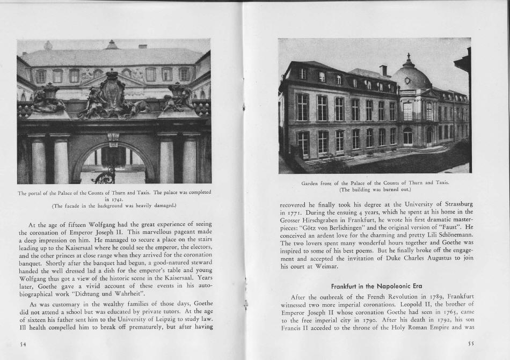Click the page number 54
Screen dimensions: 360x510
pyautogui.click(x=22, y=343)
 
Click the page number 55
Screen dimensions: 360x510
pyautogui.click(x=470, y=343)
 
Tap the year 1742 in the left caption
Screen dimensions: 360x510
pyautogui.click(x=114, y=199)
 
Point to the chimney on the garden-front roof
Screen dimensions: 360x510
pyautogui.click(x=383, y=71)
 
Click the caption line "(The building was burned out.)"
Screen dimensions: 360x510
pyautogui.click(x=375, y=189)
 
